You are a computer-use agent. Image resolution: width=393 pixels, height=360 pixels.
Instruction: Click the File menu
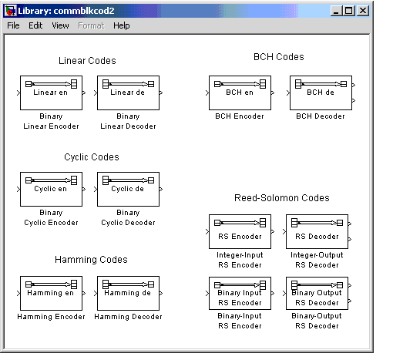13,25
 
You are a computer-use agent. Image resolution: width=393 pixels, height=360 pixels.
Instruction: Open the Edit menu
35,25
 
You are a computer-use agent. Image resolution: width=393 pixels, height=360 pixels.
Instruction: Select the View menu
60,25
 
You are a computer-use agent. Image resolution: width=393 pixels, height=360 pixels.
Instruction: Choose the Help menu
122,25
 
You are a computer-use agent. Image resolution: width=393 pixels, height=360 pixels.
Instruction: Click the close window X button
363,11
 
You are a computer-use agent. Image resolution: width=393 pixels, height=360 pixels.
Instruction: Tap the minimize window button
336,11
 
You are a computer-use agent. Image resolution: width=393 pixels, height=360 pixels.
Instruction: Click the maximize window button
349,11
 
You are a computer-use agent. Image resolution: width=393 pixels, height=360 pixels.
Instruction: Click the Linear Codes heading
87,61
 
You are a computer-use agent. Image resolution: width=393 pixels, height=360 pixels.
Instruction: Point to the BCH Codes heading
279,57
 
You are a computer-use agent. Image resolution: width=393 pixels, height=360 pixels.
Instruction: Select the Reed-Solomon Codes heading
282,198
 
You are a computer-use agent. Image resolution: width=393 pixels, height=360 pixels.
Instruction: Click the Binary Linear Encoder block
51,93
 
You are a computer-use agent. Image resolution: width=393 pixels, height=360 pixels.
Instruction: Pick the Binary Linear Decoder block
128,93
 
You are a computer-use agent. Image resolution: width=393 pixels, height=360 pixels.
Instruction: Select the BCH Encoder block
240,93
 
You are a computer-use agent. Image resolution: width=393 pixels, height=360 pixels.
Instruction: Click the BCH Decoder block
321,93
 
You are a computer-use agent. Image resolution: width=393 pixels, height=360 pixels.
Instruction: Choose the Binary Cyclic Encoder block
51,189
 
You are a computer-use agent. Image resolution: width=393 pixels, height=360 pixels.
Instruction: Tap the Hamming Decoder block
128,293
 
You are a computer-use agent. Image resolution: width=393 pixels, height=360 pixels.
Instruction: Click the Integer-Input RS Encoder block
240,231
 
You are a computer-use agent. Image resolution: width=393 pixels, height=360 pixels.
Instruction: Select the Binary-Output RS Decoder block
317,293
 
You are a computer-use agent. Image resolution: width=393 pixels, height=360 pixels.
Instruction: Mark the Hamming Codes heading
91,260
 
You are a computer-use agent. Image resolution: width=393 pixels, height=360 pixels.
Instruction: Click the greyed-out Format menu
91,25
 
